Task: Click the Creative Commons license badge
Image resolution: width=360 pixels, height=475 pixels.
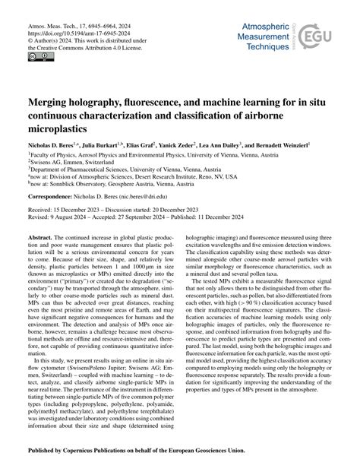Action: pos(36,56)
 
